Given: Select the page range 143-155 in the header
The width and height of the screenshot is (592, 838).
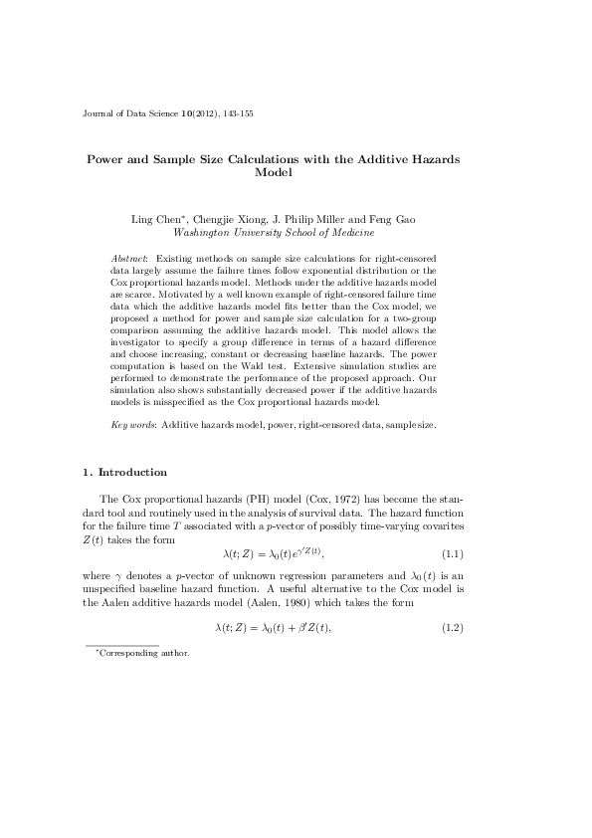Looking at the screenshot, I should coord(238,114).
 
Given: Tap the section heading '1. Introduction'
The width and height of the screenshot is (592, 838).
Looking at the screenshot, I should coord(125,472).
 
